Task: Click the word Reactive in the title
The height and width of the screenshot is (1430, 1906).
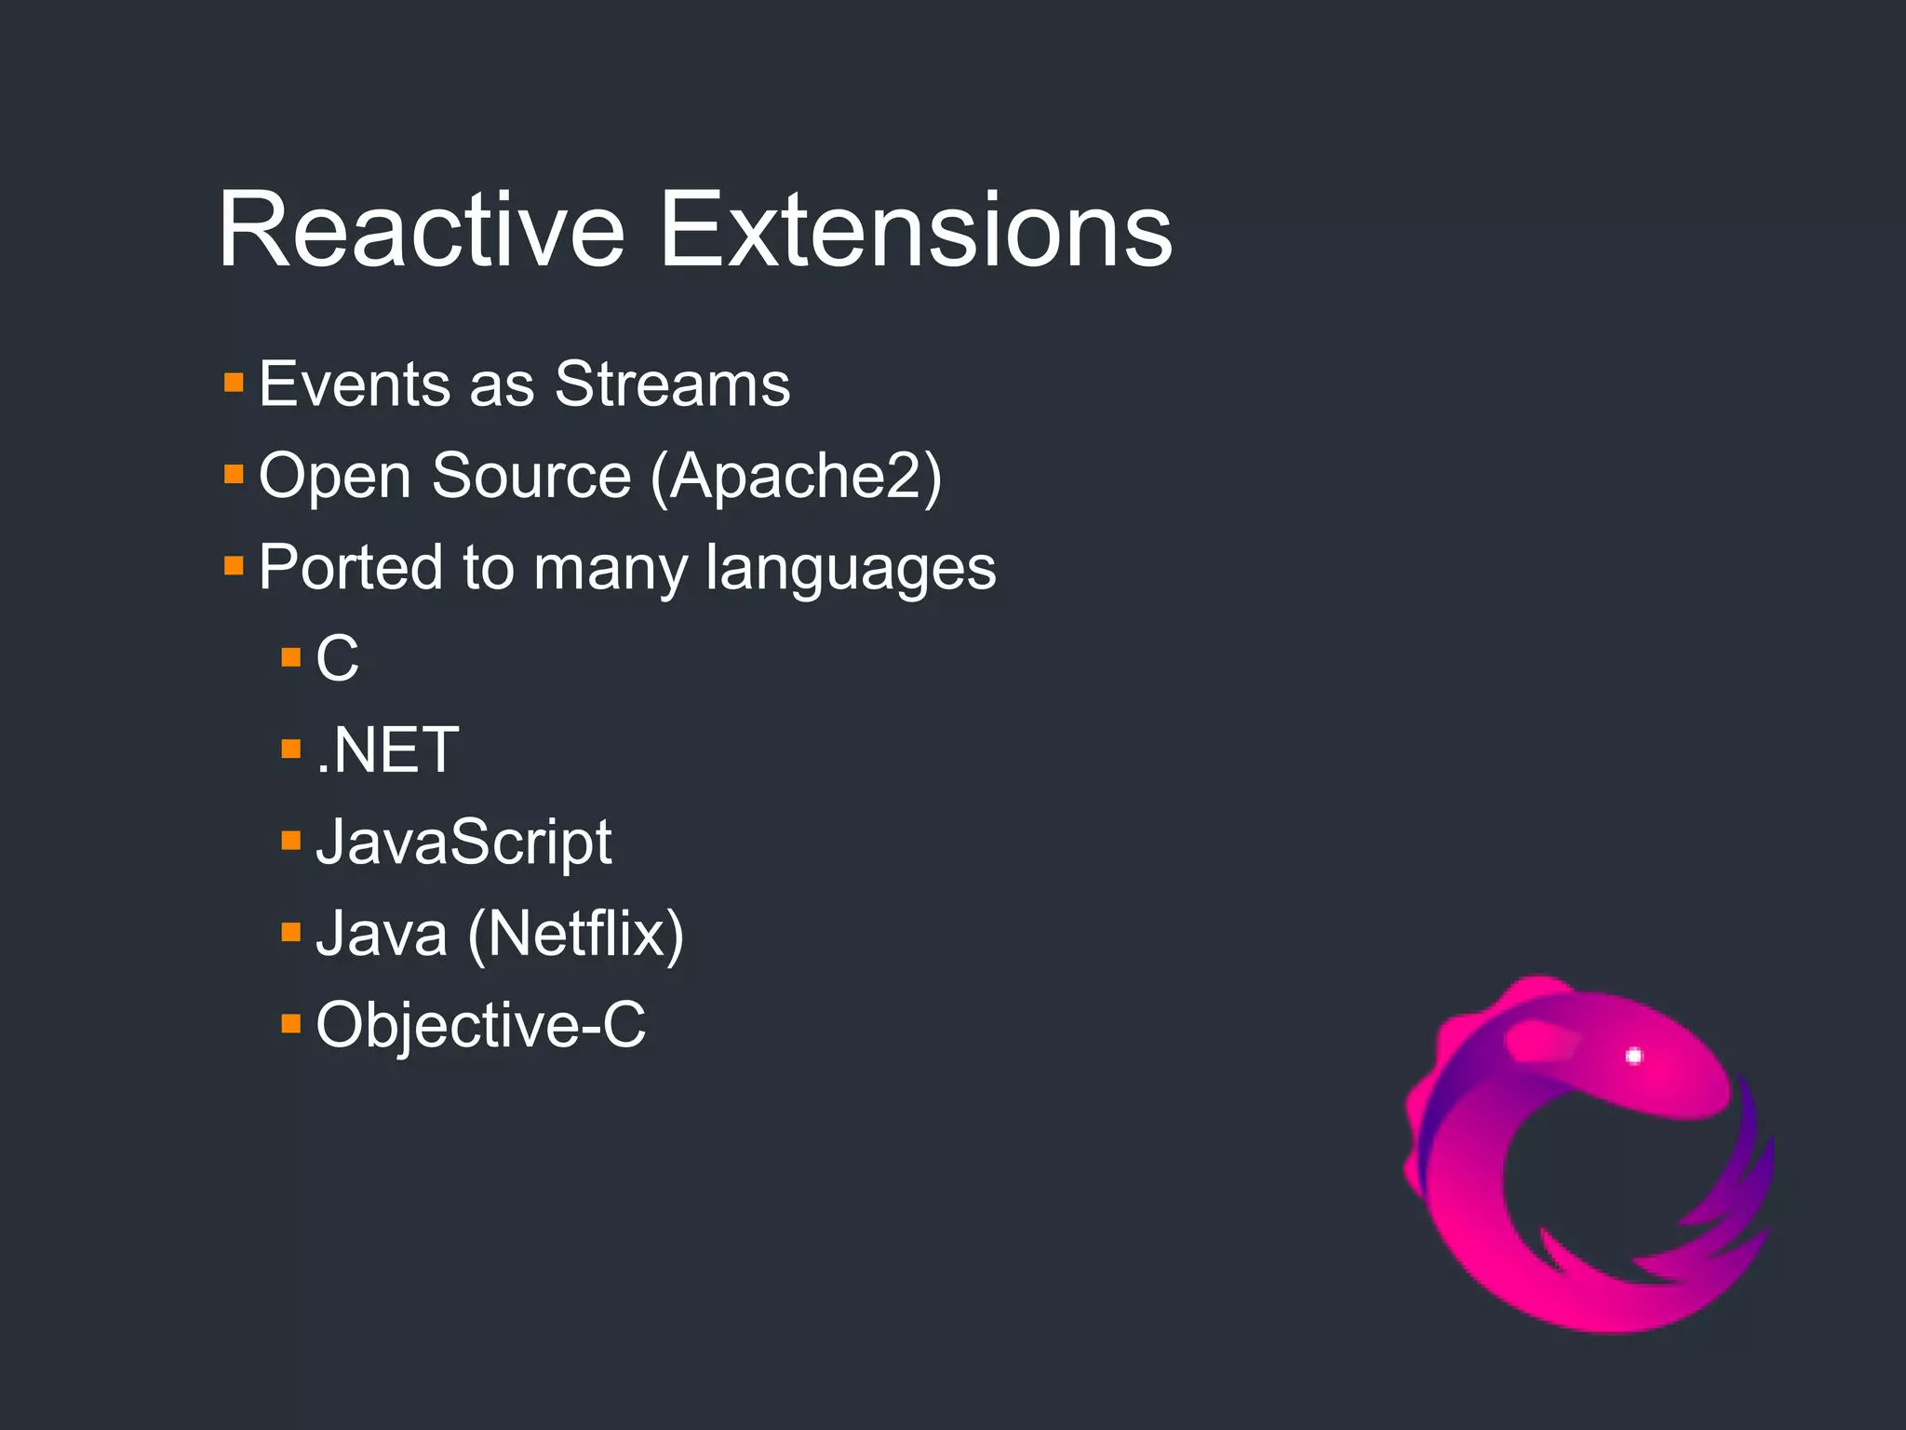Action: [x=421, y=230]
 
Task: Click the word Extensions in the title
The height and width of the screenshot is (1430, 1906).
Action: [x=916, y=230]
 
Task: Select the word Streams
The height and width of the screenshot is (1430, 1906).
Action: [x=672, y=384]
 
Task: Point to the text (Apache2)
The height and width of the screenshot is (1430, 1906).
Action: [x=796, y=477]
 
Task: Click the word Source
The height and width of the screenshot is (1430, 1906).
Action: [x=531, y=476]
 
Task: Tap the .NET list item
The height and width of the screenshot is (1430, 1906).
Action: [x=387, y=750]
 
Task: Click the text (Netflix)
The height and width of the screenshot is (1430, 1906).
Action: [x=575, y=934]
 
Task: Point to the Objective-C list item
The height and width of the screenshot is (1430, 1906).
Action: [x=480, y=1025]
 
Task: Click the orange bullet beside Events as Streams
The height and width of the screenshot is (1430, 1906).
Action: [x=234, y=383]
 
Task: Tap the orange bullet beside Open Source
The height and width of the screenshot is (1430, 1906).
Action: [x=234, y=475]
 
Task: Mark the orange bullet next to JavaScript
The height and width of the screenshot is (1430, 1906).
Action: [x=290, y=842]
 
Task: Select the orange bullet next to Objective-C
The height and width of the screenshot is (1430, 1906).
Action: [x=290, y=1024]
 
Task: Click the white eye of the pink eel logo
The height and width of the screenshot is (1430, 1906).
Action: [x=1633, y=1056]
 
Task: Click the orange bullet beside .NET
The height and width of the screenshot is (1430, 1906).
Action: [x=290, y=749]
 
